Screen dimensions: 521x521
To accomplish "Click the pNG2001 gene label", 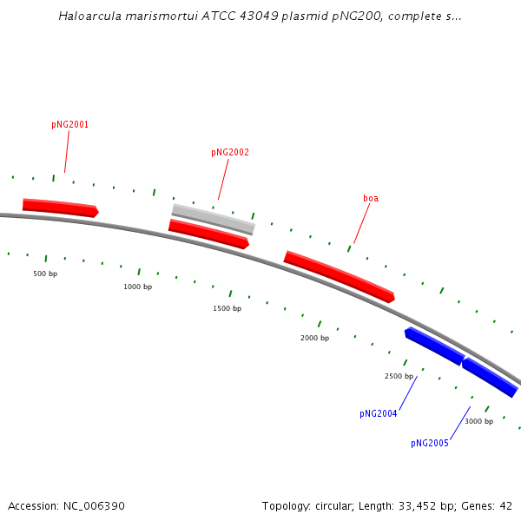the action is [69, 124].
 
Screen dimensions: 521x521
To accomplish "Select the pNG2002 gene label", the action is [230, 152].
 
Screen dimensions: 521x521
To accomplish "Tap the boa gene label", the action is [371, 198].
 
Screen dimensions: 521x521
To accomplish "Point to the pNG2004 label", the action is [378, 413].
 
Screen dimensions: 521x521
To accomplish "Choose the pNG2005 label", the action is [430, 443].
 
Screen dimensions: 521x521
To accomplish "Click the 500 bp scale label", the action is [45, 274].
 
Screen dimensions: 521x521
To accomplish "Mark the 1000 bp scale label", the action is [138, 287].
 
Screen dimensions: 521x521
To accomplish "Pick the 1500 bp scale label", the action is [228, 308].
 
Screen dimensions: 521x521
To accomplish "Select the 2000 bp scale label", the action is [314, 338].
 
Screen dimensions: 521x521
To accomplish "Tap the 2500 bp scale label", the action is [399, 376].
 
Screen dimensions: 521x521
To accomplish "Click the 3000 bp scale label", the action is [478, 421].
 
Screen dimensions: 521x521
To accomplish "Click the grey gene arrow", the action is [214, 220].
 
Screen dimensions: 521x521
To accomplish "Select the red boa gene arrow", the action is [339, 276].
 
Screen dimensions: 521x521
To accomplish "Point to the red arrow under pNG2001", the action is [61, 208].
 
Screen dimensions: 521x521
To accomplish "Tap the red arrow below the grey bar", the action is [208, 234].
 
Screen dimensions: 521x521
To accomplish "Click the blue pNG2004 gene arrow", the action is [434, 346].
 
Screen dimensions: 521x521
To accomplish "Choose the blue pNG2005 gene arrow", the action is [490, 377].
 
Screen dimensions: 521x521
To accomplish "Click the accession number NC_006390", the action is [94, 506].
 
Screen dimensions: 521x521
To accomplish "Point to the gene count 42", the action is [505, 506].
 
